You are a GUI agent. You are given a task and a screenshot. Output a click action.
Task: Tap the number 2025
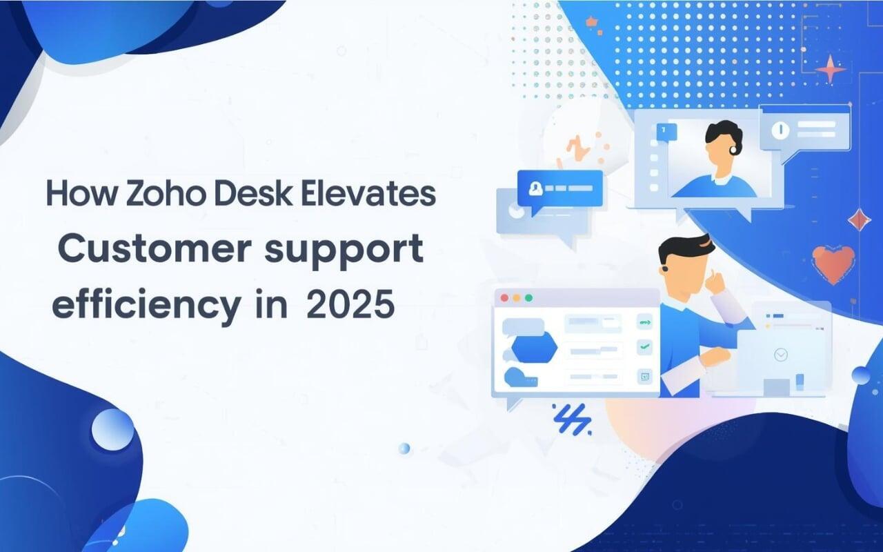[351, 304]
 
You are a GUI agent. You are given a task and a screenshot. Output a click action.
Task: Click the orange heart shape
[833, 263]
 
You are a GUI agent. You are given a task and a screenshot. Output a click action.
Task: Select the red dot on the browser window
[504, 298]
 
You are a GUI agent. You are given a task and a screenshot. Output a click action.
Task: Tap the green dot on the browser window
[529, 298]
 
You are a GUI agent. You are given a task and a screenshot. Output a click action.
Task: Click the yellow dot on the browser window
[517, 298]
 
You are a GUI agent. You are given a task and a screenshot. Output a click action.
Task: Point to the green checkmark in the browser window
[644, 348]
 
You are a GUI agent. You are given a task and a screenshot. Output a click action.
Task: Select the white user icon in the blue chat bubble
[534, 188]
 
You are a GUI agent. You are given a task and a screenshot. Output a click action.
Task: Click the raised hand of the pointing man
[710, 279]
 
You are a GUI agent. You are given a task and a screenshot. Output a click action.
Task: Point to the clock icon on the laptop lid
[781, 355]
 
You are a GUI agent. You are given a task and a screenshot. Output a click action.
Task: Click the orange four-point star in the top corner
[831, 70]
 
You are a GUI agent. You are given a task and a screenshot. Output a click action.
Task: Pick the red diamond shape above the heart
[858, 219]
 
